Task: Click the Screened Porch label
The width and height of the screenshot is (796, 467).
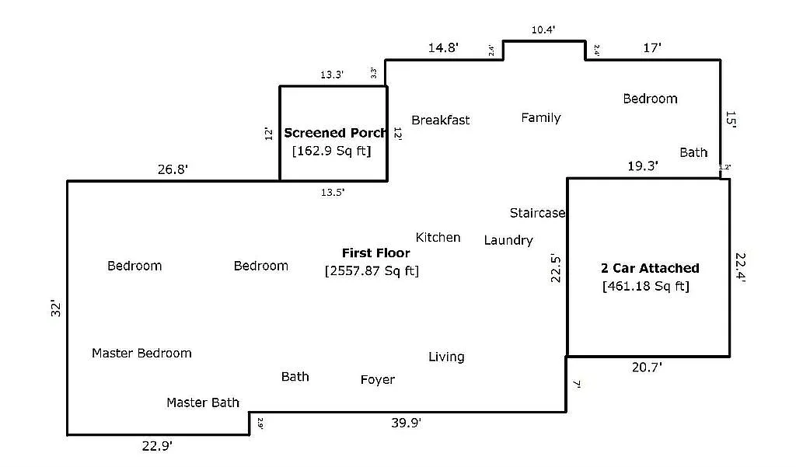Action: tap(335, 133)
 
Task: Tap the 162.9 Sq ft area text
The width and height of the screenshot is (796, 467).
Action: tap(331, 151)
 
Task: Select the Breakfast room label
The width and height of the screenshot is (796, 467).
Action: tap(440, 120)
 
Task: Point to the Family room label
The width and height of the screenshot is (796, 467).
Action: tap(540, 117)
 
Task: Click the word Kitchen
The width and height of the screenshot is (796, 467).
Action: tap(438, 237)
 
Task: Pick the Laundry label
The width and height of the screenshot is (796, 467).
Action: tap(508, 240)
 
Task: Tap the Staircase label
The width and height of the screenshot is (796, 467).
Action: tap(537, 213)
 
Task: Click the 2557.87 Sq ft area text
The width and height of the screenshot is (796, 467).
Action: tap(372, 270)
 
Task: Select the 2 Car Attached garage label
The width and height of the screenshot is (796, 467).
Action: tap(650, 268)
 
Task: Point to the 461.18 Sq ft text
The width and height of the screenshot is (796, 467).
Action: tap(645, 286)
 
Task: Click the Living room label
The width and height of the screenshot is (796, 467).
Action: tap(446, 357)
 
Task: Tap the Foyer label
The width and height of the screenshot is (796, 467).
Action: tap(377, 379)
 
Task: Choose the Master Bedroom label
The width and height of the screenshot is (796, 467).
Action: tap(141, 353)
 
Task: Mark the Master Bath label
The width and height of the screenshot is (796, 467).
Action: tap(203, 403)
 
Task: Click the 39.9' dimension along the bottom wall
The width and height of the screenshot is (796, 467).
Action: tap(406, 423)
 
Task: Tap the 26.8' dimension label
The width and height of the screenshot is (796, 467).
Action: tap(173, 169)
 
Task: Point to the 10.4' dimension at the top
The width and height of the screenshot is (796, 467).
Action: tap(543, 30)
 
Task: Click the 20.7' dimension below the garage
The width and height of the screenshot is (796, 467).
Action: tap(647, 367)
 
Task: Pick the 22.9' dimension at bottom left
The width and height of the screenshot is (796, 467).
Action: tap(157, 446)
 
